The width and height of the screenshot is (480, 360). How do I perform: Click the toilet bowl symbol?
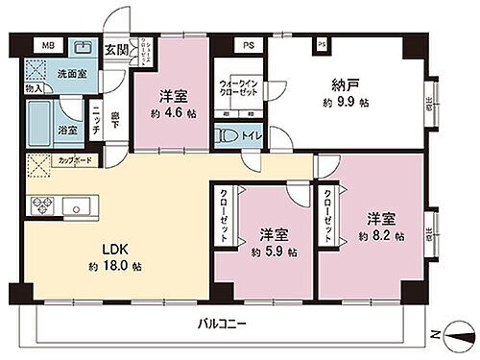[230, 137]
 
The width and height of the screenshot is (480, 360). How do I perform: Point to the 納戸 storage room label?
[347, 84]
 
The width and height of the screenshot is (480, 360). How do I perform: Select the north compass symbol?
[451, 333]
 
